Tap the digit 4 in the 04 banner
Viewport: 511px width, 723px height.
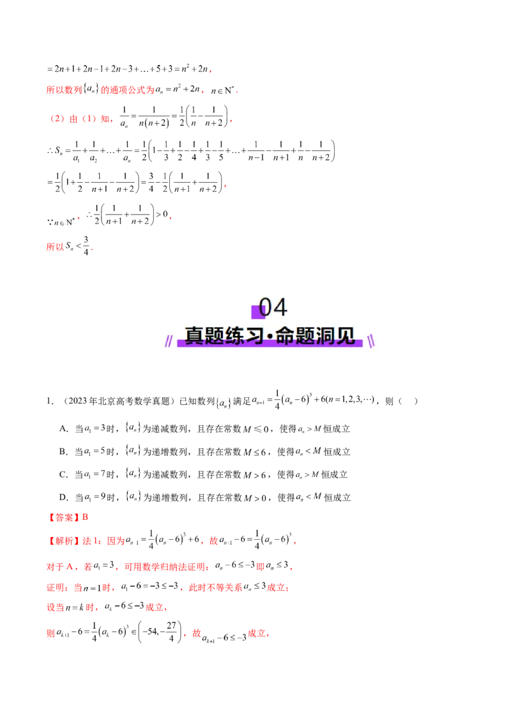tap(280, 307)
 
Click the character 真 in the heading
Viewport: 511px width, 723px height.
tap(194, 336)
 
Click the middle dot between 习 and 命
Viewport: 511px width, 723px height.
tap(270, 337)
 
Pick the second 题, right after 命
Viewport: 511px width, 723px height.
tap(305, 336)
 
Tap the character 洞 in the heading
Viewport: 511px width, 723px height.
tap(326, 336)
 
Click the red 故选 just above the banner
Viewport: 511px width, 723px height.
tap(56, 247)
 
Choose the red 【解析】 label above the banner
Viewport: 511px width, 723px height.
tap(64, 90)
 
